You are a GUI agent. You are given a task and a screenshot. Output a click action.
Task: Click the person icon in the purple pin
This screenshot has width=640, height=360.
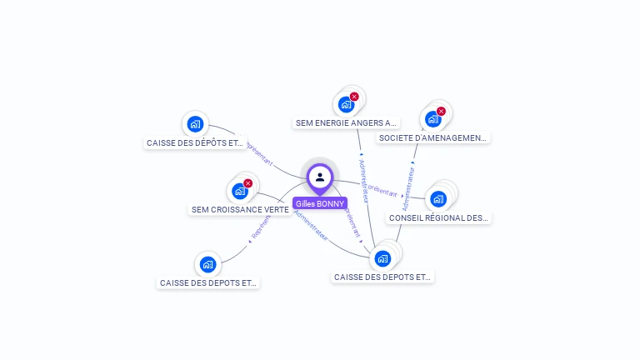[x=320, y=177]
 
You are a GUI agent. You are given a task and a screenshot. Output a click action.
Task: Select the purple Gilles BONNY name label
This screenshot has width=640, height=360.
[x=320, y=203]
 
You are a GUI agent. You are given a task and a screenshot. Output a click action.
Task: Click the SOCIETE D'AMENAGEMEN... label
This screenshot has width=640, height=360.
[x=432, y=137]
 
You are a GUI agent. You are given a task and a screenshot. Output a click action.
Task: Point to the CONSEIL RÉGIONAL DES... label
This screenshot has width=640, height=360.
[x=438, y=217]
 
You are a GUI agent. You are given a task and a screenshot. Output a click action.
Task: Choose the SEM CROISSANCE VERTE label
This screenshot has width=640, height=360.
[x=240, y=210]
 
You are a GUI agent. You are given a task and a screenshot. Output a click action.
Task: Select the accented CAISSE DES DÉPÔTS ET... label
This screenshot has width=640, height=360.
[x=195, y=142]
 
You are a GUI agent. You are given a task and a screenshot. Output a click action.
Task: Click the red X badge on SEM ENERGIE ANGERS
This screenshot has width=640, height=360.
[x=354, y=97]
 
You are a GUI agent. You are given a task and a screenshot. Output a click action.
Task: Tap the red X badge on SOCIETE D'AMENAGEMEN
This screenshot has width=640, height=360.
[x=441, y=111]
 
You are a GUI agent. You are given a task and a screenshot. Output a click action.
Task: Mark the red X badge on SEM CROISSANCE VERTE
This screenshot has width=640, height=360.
[x=247, y=183]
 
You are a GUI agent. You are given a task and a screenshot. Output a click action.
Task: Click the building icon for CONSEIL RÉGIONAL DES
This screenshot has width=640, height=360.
[x=438, y=198]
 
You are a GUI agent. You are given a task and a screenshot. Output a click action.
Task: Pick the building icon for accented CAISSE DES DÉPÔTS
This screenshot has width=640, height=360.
[x=195, y=124]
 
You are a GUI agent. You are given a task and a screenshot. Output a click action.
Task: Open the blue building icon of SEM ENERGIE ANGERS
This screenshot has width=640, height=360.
[x=345, y=105]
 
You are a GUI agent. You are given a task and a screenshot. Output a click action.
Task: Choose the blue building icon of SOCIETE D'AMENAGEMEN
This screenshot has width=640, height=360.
[x=432, y=119]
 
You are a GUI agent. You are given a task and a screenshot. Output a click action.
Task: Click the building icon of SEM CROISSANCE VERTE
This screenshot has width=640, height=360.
[x=240, y=191]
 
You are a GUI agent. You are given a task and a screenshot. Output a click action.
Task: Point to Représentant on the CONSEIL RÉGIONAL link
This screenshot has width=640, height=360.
[x=382, y=191]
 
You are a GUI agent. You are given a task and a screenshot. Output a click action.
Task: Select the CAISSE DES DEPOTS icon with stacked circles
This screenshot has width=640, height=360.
[x=382, y=258]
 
